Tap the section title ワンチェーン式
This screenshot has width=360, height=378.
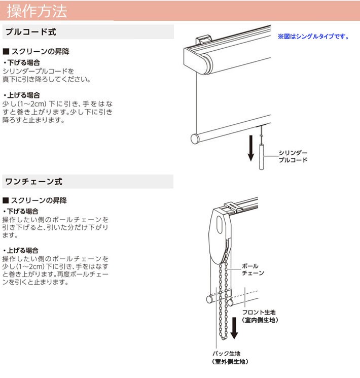coord(33,181)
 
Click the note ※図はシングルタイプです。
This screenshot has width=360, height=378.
coord(313,37)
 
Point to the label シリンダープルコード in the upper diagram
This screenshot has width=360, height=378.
coord(293,156)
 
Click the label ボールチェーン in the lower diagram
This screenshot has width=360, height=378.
coord(252,269)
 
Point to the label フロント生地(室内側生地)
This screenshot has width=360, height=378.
coord(260,316)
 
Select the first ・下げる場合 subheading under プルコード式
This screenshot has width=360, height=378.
coord(21,63)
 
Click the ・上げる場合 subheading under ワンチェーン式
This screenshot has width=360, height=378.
coord(21,250)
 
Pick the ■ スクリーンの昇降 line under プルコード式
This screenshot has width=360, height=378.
coord(37,52)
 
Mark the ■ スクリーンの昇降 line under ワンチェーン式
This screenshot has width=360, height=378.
coord(37,200)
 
